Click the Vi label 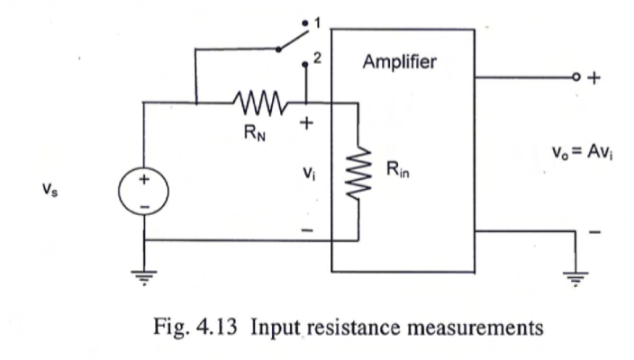click(x=306, y=170)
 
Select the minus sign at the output click(x=593, y=232)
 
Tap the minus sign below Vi click(x=306, y=230)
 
